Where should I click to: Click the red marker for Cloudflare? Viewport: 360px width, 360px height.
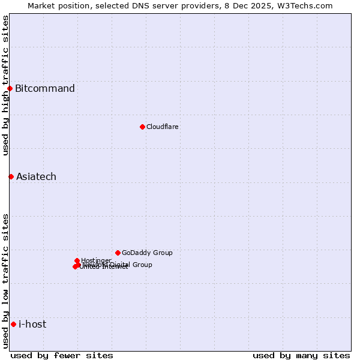[142, 127]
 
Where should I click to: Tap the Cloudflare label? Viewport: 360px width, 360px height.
[163, 127]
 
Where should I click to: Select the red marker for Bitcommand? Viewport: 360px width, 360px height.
[10, 89]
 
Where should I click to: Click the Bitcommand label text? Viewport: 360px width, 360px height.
[45, 89]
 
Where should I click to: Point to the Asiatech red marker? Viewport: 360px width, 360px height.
[11, 176]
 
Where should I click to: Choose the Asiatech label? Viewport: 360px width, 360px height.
[36, 176]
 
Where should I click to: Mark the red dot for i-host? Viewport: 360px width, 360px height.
[13, 325]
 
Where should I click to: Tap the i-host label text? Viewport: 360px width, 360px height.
[32, 325]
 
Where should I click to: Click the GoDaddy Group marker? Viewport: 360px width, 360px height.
[118, 253]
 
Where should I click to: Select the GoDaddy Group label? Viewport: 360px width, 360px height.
[147, 253]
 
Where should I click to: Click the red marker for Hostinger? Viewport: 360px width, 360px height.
[77, 260]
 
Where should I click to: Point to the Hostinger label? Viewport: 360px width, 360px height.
[96, 260]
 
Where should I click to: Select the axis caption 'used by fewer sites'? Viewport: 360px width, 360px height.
[62, 355]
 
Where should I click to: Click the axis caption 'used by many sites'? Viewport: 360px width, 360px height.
[301, 355]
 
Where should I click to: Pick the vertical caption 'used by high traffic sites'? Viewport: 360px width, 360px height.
[5, 85]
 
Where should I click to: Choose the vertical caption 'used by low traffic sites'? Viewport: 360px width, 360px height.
[5, 281]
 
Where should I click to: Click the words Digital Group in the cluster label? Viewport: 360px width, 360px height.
[130, 265]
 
